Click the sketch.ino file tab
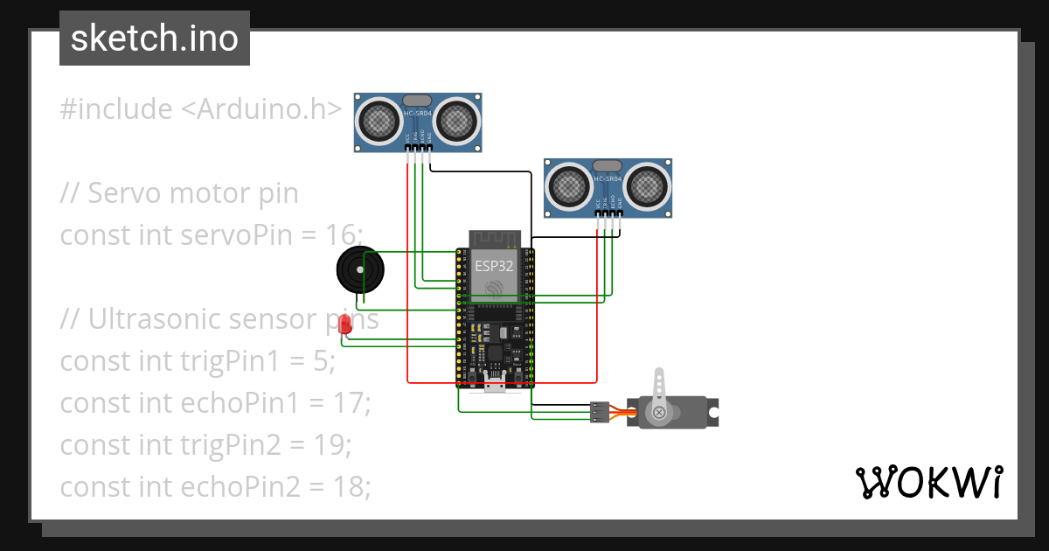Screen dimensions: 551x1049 (x=154, y=39)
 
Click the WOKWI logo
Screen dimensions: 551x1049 (x=927, y=482)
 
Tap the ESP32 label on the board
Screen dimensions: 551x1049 (x=494, y=266)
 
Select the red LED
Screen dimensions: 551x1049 (x=345, y=324)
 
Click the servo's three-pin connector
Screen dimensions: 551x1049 (x=600, y=412)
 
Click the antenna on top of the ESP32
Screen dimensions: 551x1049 (x=495, y=239)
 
